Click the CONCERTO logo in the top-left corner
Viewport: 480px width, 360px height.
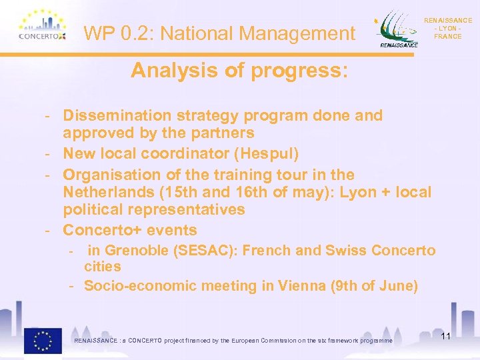tap(41, 27)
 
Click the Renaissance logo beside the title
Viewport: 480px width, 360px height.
tap(399, 30)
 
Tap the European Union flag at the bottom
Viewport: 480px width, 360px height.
tap(43, 340)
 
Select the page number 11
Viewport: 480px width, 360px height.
tap(445, 337)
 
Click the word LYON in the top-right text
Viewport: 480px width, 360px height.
tap(447, 29)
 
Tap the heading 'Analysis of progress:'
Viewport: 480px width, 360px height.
tap(239, 71)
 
